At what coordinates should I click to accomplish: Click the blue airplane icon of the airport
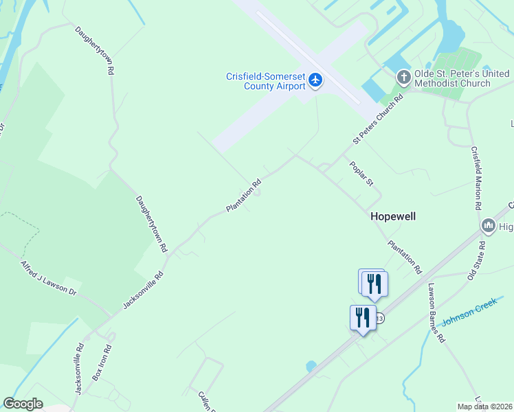pos(315,80)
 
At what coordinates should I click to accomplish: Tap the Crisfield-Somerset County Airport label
pos(266,81)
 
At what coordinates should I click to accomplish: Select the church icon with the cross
pos(403,78)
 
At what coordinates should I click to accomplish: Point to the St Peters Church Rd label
pos(377,119)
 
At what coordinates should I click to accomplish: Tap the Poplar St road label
pos(361,173)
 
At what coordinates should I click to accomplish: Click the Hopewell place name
pos(393,216)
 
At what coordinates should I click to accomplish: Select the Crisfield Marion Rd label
pos(476,178)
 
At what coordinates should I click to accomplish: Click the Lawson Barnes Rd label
pos(436,313)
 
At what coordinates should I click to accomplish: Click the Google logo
pos(23,404)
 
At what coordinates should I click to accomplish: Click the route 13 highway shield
pos(379,319)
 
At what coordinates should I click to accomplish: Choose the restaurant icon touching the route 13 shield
pos(362,317)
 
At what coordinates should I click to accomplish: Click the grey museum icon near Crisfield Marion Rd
pos(489,225)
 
